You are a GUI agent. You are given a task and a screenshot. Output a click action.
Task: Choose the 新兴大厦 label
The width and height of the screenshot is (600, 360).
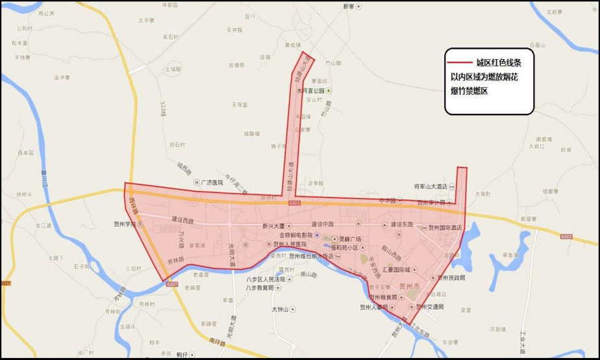pyautogui.click(x=273, y=226)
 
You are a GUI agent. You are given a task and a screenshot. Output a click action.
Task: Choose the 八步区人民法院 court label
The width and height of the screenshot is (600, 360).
pyautogui.click(x=265, y=279)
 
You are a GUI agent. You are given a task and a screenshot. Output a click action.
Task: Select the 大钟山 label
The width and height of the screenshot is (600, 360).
pyautogui.click(x=283, y=309)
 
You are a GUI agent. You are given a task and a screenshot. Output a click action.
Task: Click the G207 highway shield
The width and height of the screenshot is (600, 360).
pyautogui.click(x=171, y=285)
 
